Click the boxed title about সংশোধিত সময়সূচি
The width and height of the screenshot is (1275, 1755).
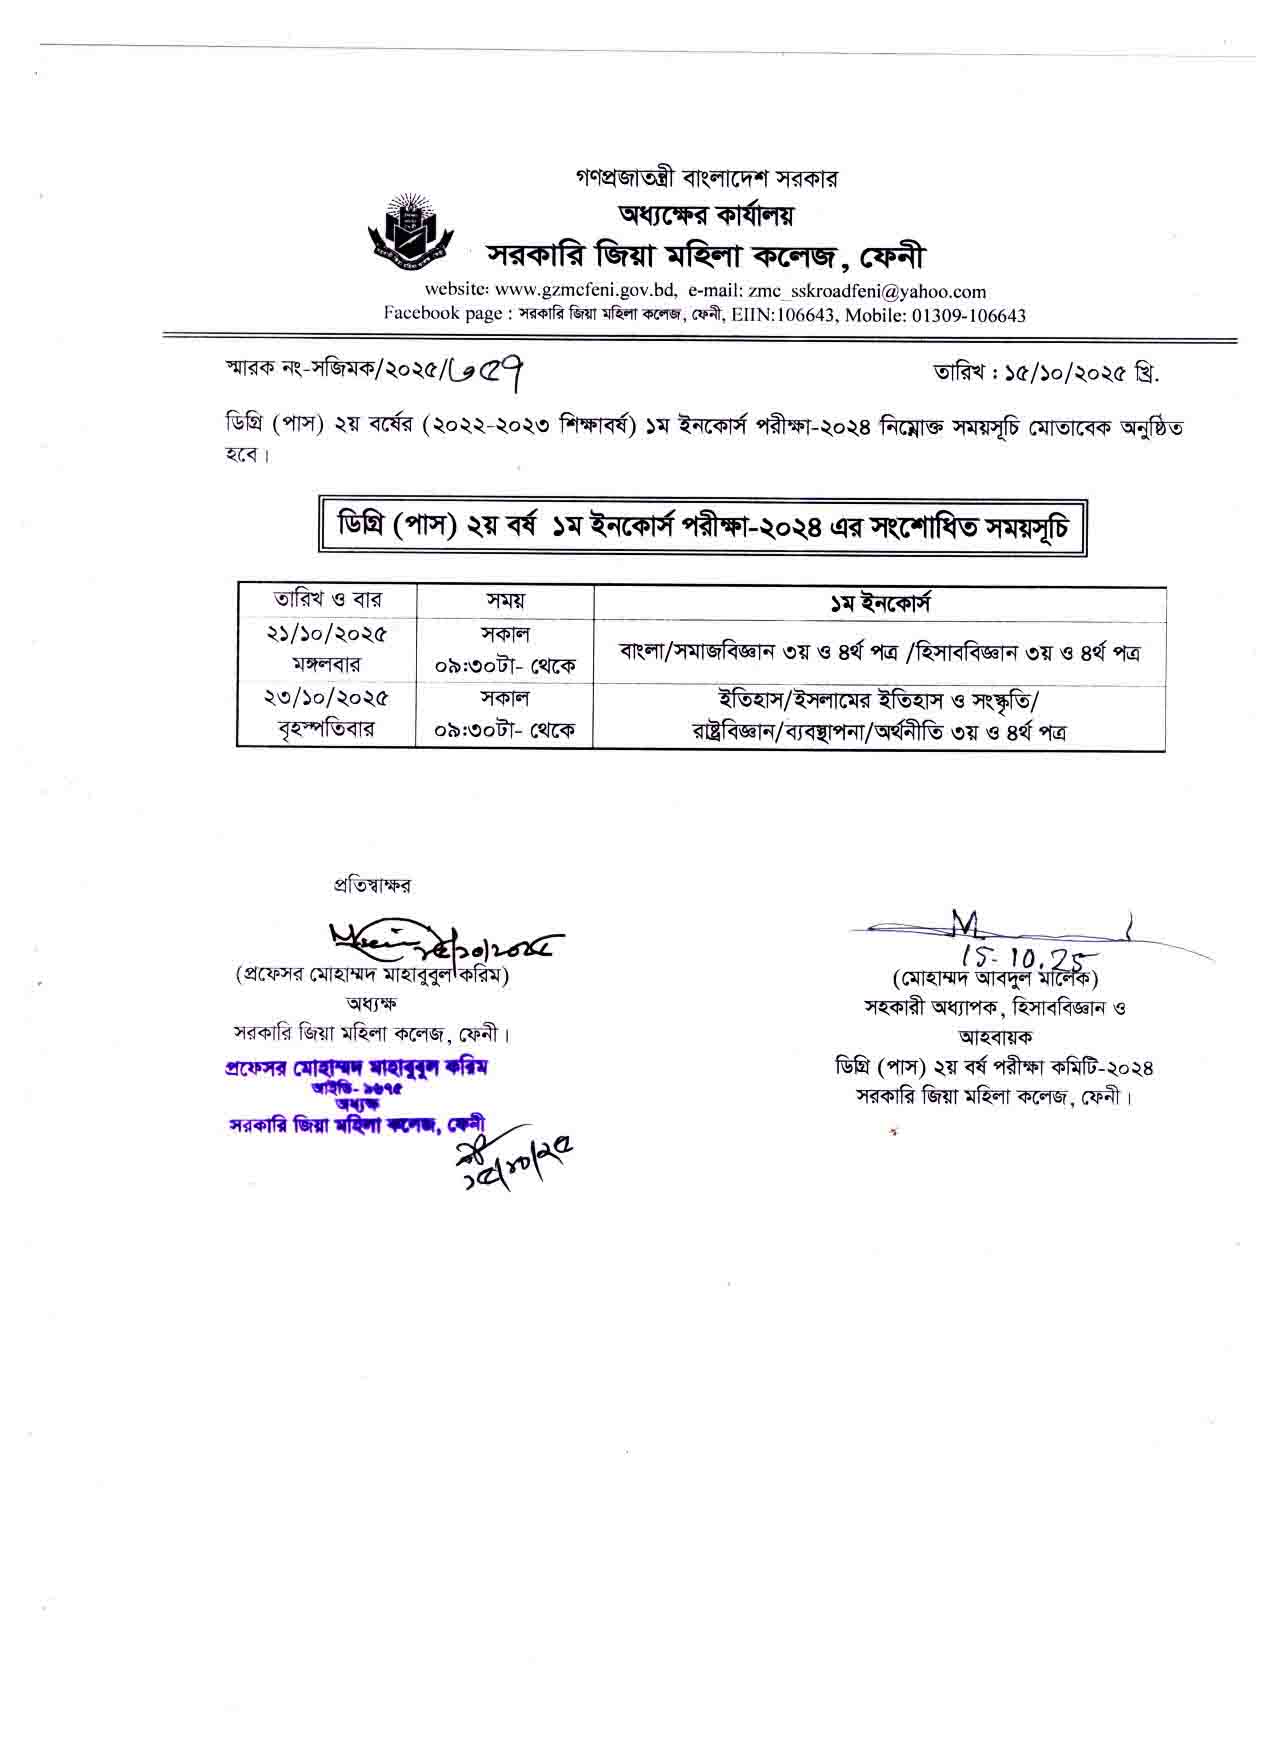tap(702, 526)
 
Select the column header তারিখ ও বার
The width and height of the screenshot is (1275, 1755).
tap(327, 601)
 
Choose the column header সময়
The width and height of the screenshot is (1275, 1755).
tap(505, 601)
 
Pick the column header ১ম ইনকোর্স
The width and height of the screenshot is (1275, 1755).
tap(879, 602)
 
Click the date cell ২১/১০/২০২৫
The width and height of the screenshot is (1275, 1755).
tap(327, 634)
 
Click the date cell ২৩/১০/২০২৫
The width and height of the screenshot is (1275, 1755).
tap(327, 697)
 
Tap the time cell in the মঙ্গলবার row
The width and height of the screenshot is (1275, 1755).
tap(505, 650)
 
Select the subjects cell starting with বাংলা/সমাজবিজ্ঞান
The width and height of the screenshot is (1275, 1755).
tap(879, 652)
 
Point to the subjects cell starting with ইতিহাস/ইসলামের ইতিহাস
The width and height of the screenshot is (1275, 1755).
tap(879, 714)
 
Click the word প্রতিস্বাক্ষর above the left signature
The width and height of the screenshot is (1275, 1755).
tap(372, 885)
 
